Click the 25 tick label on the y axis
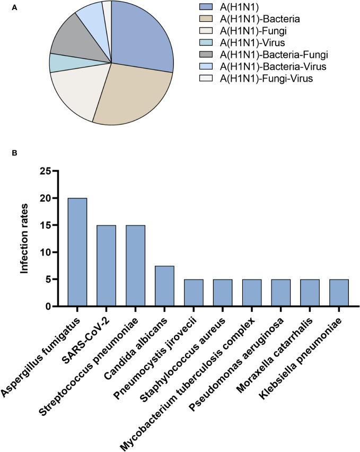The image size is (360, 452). (x=49, y=171)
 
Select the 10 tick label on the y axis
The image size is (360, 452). (x=49, y=252)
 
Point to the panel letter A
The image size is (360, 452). (x=14, y=8)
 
